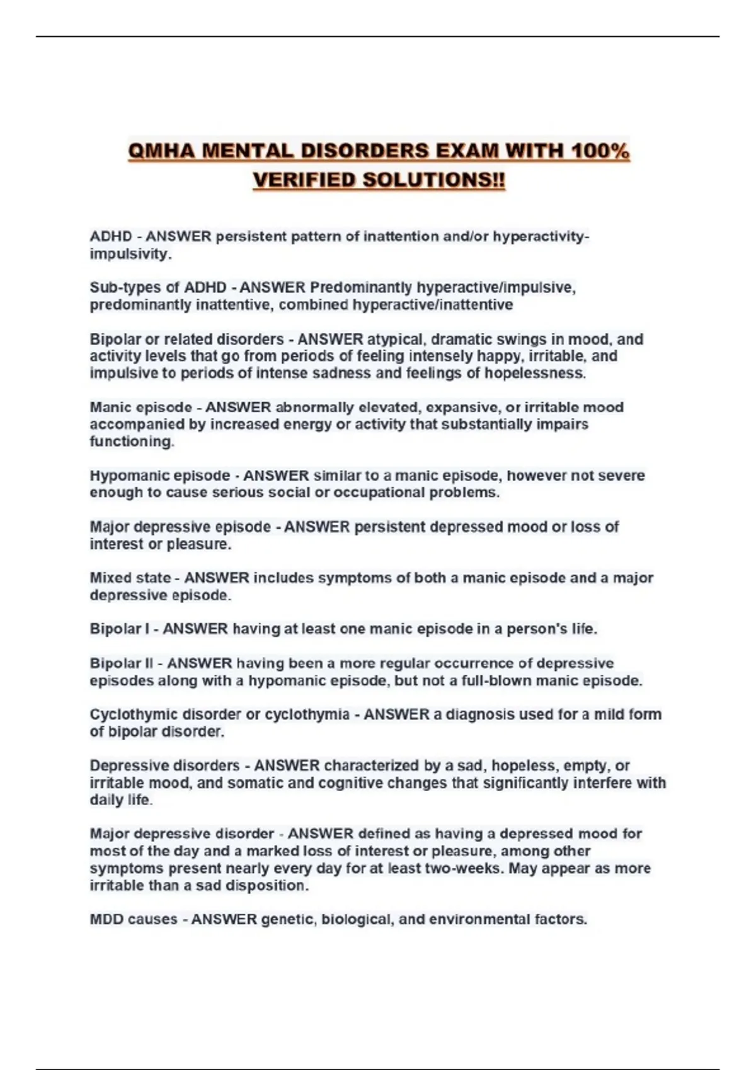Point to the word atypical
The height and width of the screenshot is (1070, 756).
(x=396, y=339)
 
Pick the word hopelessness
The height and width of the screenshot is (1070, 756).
(x=534, y=373)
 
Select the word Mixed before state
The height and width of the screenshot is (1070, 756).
(x=111, y=578)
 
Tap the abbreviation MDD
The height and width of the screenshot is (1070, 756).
(x=106, y=920)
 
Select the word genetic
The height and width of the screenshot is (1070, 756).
(x=288, y=920)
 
